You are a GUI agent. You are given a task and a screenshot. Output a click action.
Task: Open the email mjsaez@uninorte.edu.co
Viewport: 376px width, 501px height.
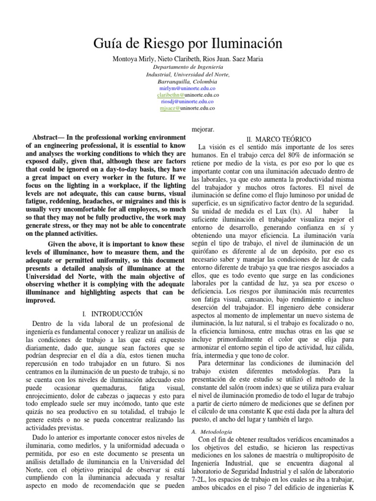188,108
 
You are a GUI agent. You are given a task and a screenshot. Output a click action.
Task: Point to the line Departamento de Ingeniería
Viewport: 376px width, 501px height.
188,67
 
